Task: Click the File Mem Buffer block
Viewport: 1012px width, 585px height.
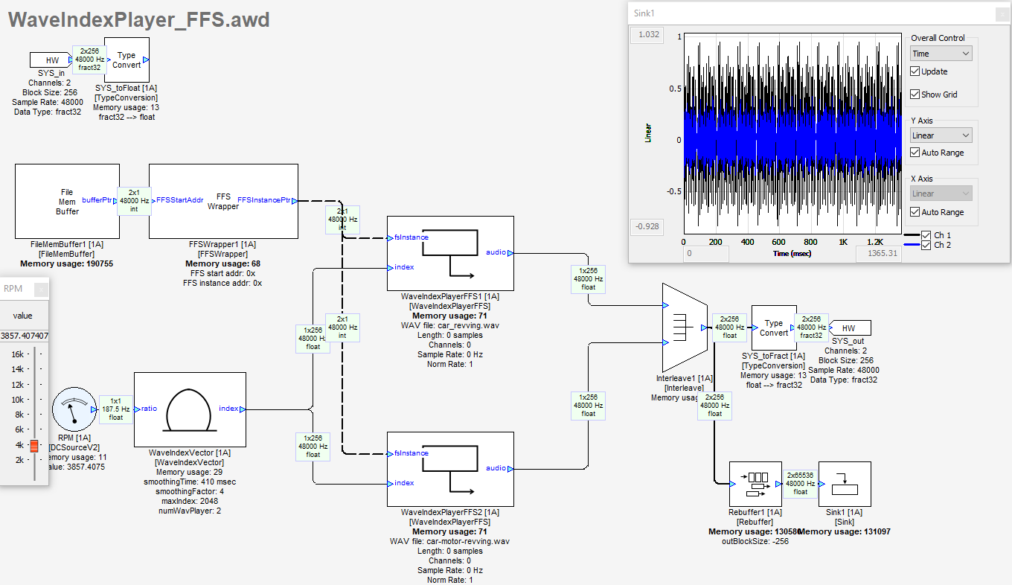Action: pos(67,202)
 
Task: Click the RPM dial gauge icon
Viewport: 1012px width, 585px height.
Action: pos(74,409)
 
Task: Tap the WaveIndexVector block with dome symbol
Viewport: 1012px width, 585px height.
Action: pos(190,409)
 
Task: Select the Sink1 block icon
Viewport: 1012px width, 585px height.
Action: pos(845,484)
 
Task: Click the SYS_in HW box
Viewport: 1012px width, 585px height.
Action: pos(51,60)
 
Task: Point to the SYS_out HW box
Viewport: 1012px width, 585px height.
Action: pos(848,328)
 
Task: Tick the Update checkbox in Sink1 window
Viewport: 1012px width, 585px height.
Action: pos(915,71)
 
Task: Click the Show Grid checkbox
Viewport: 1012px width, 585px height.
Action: pos(915,95)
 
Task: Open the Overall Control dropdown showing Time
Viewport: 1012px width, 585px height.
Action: pos(941,54)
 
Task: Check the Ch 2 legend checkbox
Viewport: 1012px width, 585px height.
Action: pos(926,245)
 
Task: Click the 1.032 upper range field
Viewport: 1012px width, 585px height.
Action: pos(646,34)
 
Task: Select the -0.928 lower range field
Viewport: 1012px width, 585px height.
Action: pos(646,227)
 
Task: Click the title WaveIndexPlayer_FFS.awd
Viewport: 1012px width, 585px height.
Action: pos(138,20)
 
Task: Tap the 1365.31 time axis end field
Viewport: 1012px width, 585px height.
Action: pos(878,254)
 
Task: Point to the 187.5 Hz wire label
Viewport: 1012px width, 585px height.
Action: pos(115,409)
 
